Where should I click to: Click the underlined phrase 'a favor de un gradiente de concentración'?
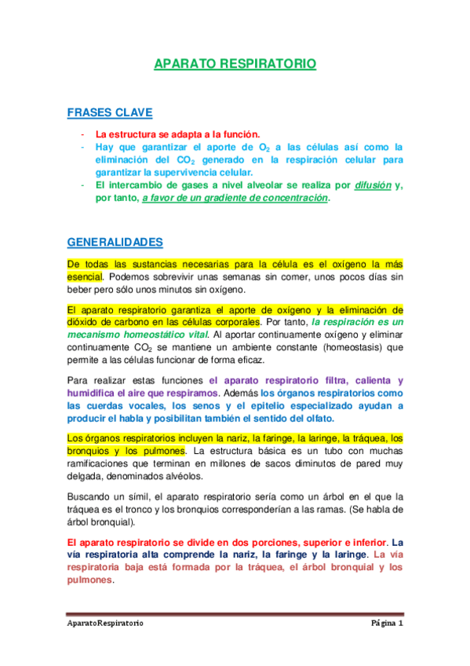pos(235,199)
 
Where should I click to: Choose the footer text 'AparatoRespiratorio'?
pos(104,624)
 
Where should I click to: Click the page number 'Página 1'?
pos(387,624)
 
